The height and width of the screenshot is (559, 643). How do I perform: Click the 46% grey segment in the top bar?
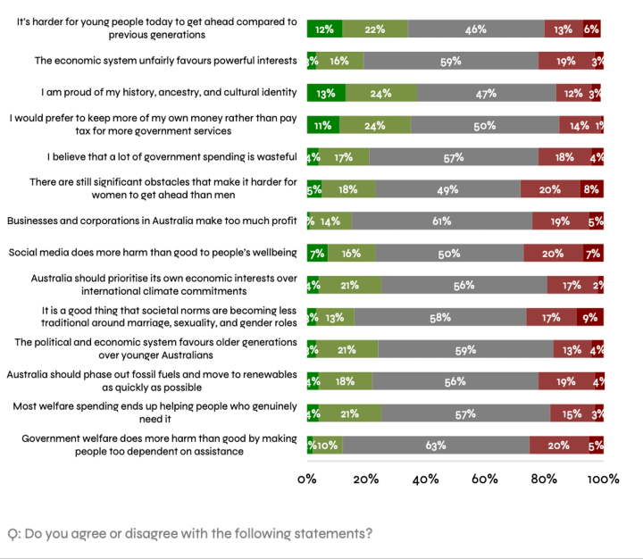476,29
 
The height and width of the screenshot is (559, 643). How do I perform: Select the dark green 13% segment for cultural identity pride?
326,93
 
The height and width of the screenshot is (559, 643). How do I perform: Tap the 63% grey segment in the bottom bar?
436,445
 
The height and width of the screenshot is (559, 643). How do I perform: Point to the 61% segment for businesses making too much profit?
442,221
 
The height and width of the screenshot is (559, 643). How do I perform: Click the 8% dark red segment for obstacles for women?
590,189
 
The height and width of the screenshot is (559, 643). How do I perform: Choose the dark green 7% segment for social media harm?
317,253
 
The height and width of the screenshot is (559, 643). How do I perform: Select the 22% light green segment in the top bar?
375,29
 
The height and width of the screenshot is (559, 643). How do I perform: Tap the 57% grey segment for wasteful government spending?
454,157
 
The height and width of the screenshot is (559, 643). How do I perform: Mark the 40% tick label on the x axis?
425,479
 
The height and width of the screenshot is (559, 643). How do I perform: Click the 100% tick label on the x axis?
603,479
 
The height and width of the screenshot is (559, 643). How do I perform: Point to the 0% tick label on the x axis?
307,479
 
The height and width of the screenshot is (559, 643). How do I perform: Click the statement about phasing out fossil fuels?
152,380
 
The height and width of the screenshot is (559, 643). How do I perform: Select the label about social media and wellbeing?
153,253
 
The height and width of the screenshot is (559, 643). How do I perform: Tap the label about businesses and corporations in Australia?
152,221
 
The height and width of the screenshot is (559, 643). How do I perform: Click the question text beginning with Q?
189,534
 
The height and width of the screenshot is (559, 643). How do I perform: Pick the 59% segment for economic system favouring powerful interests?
451,62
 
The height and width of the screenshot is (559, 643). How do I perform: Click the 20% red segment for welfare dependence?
559,445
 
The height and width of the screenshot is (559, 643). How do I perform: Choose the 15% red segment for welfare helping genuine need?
572,413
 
